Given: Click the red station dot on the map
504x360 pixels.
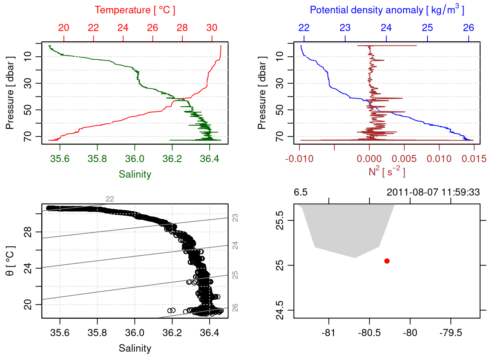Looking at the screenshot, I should coord(387,261).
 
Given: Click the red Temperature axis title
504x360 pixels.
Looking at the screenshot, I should coord(135,10).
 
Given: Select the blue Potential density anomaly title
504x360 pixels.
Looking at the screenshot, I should coord(387,10).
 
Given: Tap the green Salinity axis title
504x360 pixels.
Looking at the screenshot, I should coord(135,174).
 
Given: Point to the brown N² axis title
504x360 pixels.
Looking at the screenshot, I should coord(387,171).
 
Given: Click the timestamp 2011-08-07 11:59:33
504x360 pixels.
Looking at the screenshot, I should coord(433,192).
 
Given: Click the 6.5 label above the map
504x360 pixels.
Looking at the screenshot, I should coord(300,192).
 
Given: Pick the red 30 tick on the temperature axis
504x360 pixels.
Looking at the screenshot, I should coord(212,28).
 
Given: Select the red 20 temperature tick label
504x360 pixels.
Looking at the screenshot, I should coord(64,28).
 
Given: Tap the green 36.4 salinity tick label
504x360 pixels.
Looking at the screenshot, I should coord(209,159).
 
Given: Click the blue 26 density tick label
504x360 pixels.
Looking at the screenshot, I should coord(468,28).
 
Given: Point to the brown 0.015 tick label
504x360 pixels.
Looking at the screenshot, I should coord(474,159).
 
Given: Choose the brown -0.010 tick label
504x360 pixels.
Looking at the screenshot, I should coord(299,159).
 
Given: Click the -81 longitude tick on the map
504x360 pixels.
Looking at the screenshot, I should coord(328,333).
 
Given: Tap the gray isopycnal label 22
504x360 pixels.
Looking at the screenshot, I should coord(109,199).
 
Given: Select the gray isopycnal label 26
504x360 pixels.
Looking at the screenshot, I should coord(235,307).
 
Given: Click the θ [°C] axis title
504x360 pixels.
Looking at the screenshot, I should coord(10,261).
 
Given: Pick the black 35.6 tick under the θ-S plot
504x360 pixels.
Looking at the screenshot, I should coord(60,333).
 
